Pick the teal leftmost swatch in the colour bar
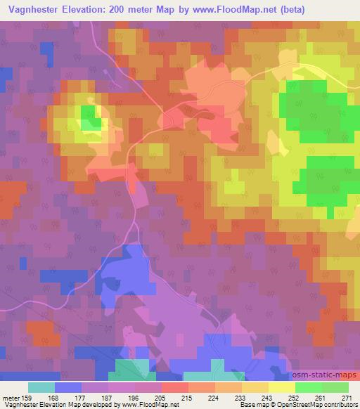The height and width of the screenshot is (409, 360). coord(41,387)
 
